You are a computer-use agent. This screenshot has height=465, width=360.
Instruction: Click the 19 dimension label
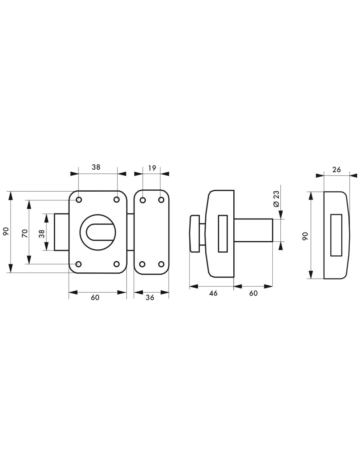coord(152,168)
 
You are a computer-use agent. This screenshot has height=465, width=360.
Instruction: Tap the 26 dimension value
coord(336,170)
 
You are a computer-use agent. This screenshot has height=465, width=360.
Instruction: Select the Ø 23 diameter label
coord(277,199)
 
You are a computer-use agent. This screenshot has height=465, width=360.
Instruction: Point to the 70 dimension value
coord(25,233)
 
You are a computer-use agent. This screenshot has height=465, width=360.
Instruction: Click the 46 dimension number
coord(213,293)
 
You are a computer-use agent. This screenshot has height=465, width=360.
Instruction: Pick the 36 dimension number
coord(150,297)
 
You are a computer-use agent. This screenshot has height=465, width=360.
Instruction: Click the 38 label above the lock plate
coord(96,167)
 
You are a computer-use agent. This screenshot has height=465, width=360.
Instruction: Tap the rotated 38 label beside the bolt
coord(42,233)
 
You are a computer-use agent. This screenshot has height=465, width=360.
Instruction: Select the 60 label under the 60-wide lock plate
coord(95,297)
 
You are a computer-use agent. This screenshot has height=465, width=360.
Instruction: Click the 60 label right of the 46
coord(253,293)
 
